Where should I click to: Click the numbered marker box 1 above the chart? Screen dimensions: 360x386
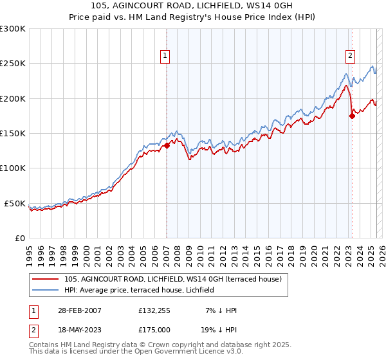165,56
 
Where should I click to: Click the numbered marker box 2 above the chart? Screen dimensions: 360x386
351,56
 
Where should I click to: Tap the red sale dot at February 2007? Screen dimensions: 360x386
167,145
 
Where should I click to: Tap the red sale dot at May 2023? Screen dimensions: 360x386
352,116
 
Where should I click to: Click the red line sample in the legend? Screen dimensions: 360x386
45,278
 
